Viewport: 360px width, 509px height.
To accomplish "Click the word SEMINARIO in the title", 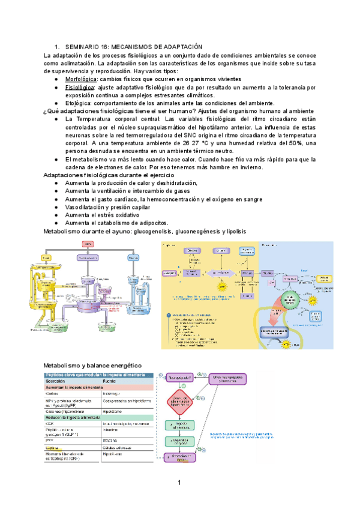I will [82, 47].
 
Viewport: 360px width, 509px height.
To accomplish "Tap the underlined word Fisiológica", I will [79, 87].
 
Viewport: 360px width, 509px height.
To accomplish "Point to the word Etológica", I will [78, 103].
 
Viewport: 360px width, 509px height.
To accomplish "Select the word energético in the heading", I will [121, 366].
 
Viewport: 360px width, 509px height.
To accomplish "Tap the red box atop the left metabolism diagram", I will [88, 244].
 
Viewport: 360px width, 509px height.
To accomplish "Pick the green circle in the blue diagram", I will [290, 298].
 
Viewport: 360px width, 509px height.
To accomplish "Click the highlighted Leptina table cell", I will [53, 448].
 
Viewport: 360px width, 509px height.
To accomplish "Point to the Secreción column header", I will [59, 381].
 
